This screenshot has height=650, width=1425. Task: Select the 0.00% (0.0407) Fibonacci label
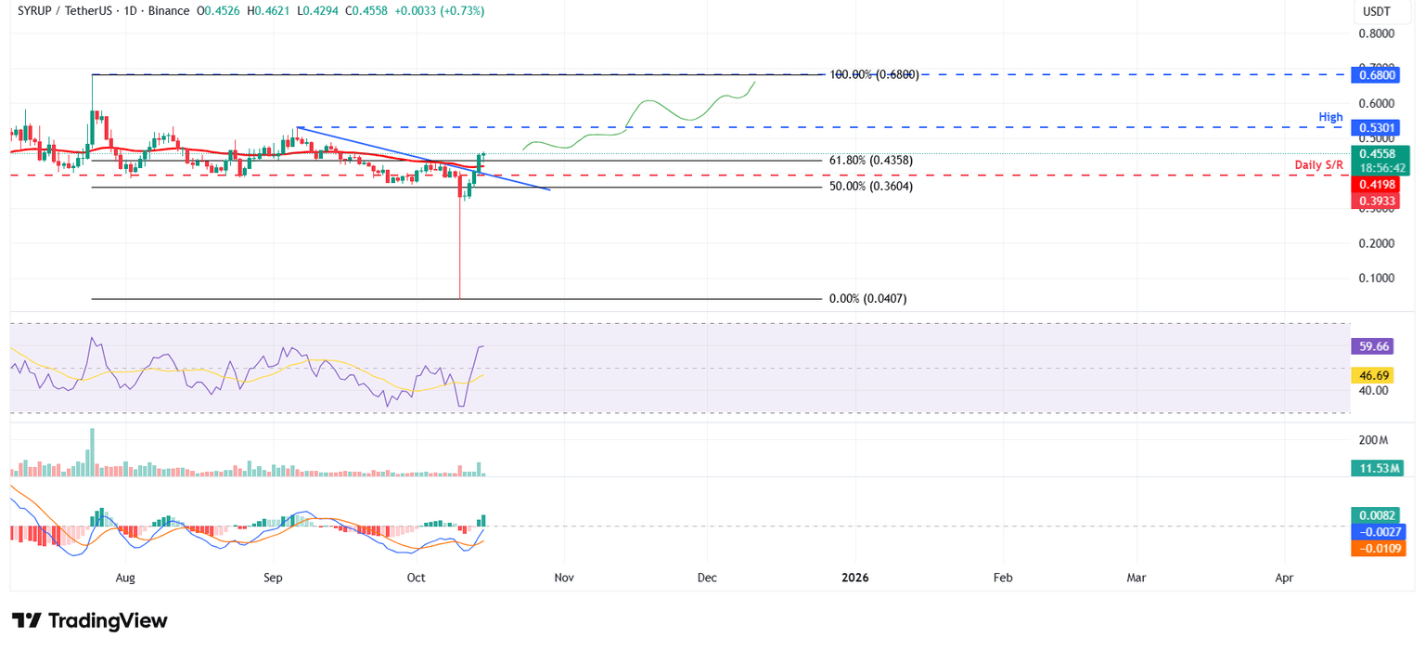tap(867, 299)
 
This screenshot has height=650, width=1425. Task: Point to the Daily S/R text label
tap(1320, 165)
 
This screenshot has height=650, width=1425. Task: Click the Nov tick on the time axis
tap(563, 578)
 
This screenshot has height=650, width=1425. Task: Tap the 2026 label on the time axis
tap(854, 578)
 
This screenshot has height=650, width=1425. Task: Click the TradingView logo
tap(90, 620)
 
